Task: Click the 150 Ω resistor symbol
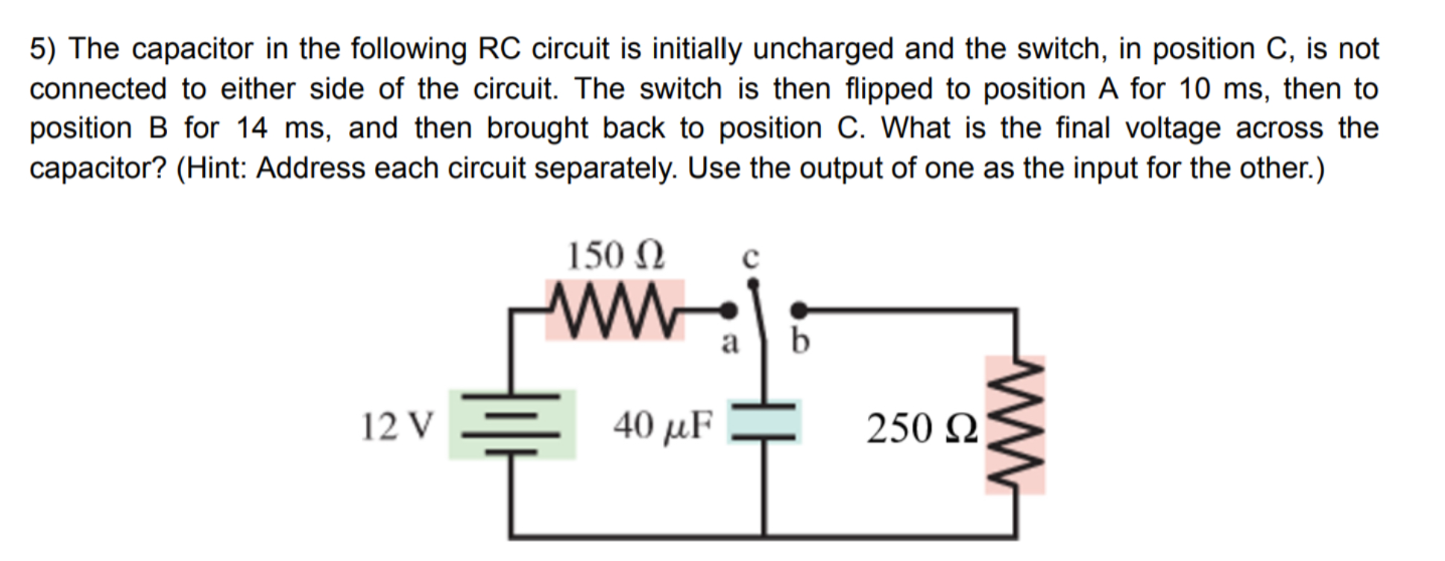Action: click(614, 309)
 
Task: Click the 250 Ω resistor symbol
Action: click(1015, 425)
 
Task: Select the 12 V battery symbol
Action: click(511, 424)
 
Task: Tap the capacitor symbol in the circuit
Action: click(764, 422)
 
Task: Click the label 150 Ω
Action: click(615, 256)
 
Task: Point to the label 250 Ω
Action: click(921, 428)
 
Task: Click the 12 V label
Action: click(396, 426)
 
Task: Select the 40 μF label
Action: click(662, 425)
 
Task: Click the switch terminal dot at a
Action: click(731, 308)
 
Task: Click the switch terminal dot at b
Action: click(798, 308)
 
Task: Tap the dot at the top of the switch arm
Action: click(753, 283)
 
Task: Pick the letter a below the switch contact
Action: click(729, 343)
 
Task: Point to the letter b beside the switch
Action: click(799, 341)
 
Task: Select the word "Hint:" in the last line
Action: click(215, 168)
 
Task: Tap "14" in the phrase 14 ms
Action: click(252, 128)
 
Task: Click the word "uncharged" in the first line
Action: click(822, 49)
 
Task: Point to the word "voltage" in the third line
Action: click(1172, 128)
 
